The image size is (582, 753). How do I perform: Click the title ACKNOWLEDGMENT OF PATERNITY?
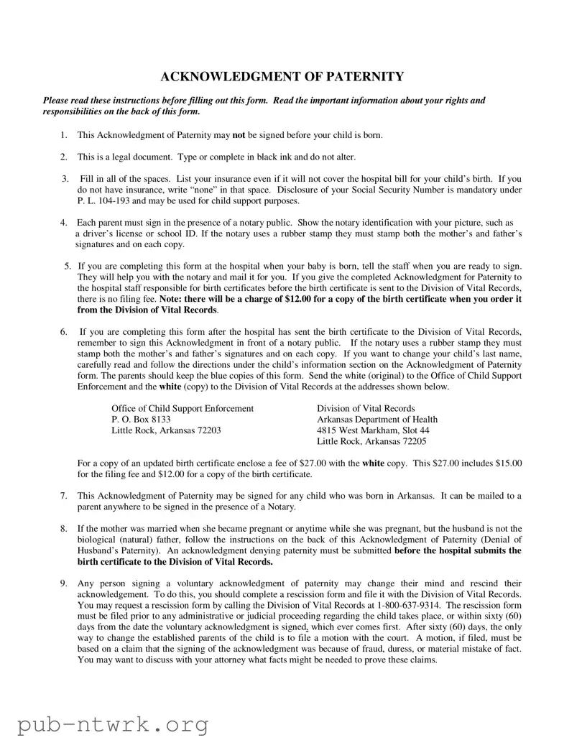tap(282, 77)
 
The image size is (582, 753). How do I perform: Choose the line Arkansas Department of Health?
tap(377, 420)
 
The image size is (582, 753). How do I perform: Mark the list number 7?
tap(64, 496)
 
